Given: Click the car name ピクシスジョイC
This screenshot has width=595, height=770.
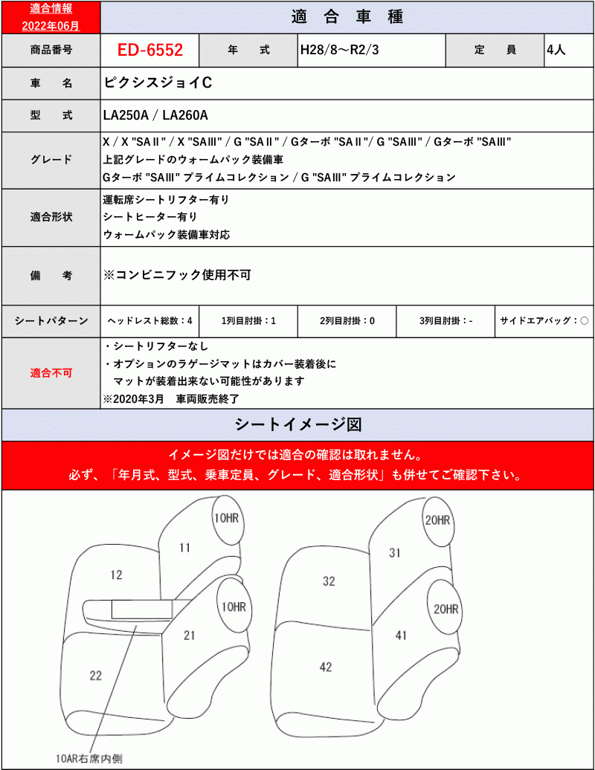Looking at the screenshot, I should pyautogui.click(x=158, y=83).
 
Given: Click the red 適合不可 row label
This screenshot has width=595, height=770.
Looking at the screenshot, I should pyautogui.click(x=51, y=372).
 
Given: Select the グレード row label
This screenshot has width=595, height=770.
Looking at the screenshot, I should pyautogui.click(x=51, y=160).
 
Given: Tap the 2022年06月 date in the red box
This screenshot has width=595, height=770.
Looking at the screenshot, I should pyautogui.click(x=50, y=25).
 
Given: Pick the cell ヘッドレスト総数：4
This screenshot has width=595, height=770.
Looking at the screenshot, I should pyautogui.click(x=150, y=320).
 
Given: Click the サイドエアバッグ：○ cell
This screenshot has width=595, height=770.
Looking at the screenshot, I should pyautogui.click(x=544, y=320).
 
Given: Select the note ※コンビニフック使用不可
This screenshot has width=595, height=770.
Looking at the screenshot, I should pyautogui.click(x=177, y=274).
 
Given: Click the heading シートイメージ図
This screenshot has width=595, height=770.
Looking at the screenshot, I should pyautogui.click(x=297, y=424).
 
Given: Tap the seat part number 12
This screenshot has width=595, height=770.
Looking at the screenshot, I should pyautogui.click(x=115, y=575).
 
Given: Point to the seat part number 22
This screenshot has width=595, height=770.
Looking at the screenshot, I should pyautogui.click(x=95, y=675).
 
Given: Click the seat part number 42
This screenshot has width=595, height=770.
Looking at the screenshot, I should pyautogui.click(x=325, y=667).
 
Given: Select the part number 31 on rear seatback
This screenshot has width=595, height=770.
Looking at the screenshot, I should pyautogui.click(x=395, y=552).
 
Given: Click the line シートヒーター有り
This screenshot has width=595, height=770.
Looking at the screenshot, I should pyautogui.click(x=150, y=217).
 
